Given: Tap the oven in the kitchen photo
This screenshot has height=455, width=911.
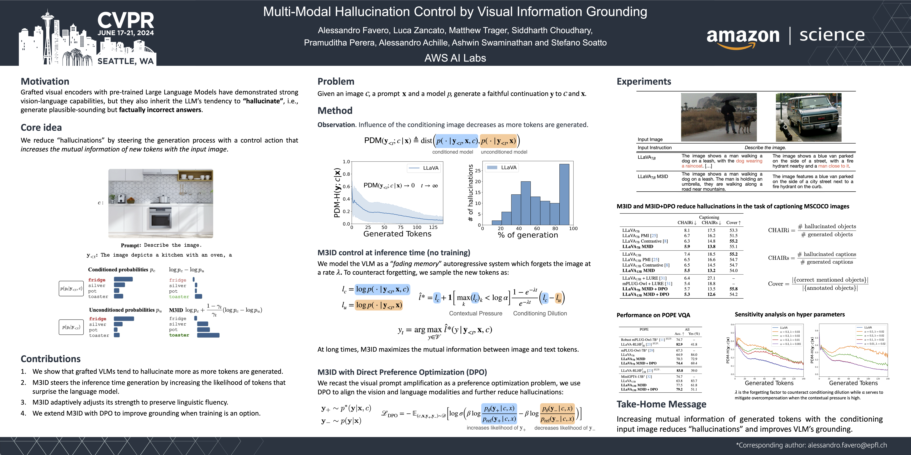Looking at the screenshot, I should click(160, 217).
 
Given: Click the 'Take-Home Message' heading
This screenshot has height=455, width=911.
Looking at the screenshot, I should click(661, 404).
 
